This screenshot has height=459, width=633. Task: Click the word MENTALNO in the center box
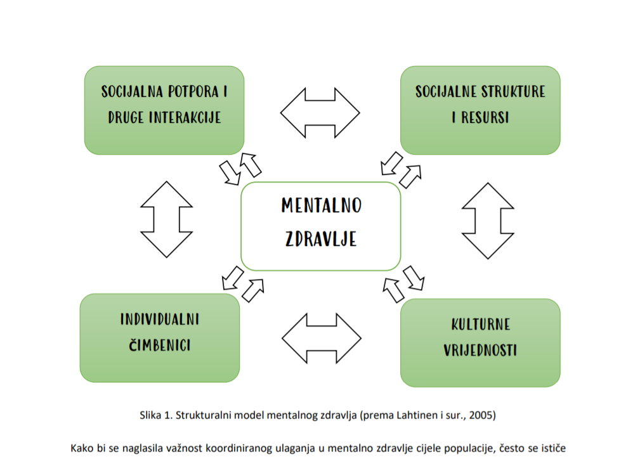(x=322, y=205)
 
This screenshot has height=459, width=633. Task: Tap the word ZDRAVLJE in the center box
(x=321, y=239)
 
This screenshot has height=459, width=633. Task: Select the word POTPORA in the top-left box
(x=193, y=91)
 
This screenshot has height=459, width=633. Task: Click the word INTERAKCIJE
(x=185, y=117)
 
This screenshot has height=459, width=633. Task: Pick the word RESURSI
(x=485, y=117)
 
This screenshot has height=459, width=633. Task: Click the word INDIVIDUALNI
(x=160, y=319)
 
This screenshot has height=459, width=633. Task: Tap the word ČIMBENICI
(x=160, y=345)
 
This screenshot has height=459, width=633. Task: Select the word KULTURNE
(x=480, y=325)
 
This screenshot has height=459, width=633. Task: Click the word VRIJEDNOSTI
(x=480, y=350)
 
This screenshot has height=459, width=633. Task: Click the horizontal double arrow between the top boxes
(x=320, y=113)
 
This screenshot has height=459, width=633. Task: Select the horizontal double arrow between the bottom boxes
(x=322, y=339)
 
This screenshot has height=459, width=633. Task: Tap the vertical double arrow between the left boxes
(x=166, y=219)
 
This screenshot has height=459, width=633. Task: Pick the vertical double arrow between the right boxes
(x=488, y=221)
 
